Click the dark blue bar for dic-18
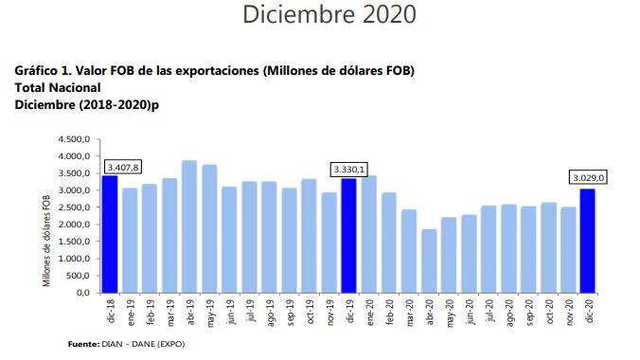tap(111, 234)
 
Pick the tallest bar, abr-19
tap(190, 226)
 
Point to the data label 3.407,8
tap(122, 168)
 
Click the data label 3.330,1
tap(348, 170)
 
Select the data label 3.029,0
tap(588, 176)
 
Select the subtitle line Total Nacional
tap(57, 87)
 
